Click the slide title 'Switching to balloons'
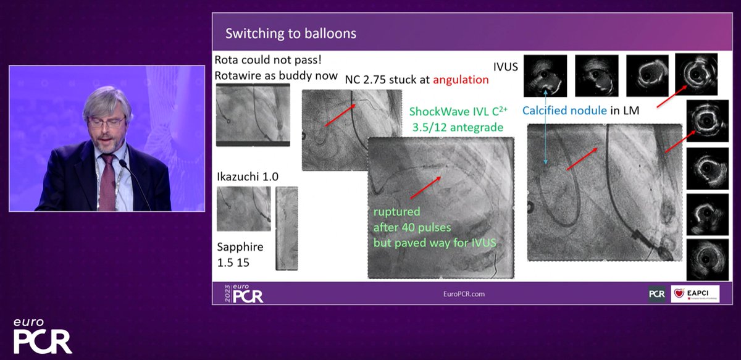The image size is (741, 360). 290,33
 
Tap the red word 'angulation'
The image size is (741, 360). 461,80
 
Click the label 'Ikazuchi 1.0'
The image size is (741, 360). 247,177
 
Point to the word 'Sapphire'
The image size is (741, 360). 240,247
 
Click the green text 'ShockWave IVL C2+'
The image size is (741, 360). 456,113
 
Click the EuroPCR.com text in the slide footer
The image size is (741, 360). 459,294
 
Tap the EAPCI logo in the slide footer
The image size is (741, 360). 695,294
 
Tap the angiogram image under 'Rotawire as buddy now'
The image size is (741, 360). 253,115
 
